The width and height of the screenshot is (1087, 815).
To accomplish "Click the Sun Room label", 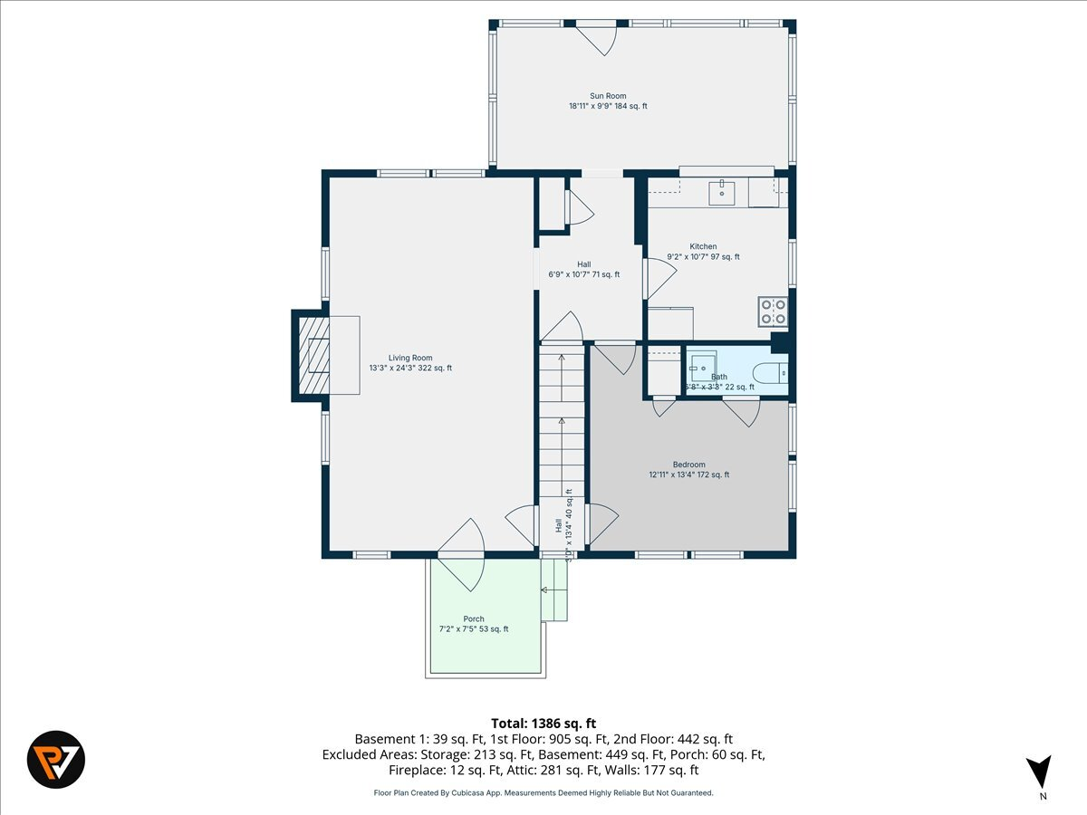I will [x=608, y=101].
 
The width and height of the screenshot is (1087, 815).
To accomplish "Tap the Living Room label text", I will [x=410, y=362].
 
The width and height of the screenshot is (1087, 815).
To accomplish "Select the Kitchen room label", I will [x=703, y=252].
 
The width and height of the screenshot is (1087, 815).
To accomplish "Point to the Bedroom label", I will [x=688, y=469].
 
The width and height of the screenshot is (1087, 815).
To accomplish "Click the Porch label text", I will [x=474, y=624].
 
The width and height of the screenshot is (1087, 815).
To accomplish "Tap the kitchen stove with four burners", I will [x=773, y=312].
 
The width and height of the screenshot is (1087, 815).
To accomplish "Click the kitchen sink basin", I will [x=721, y=192].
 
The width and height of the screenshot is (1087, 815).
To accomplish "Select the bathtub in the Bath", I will [x=771, y=372].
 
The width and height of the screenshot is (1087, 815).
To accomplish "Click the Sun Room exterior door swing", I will [x=597, y=37].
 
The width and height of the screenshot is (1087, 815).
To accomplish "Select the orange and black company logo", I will [x=56, y=759].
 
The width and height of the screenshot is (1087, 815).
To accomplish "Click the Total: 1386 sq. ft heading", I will [x=543, y=723].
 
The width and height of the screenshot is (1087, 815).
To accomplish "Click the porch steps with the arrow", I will [x=553, y=590].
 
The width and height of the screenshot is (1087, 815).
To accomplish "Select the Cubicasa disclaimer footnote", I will [x=543, y=792].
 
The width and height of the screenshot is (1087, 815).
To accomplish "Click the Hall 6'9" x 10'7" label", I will [x=584, y=269].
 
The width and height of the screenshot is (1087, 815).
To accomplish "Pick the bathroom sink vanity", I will [x=702, y=367].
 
